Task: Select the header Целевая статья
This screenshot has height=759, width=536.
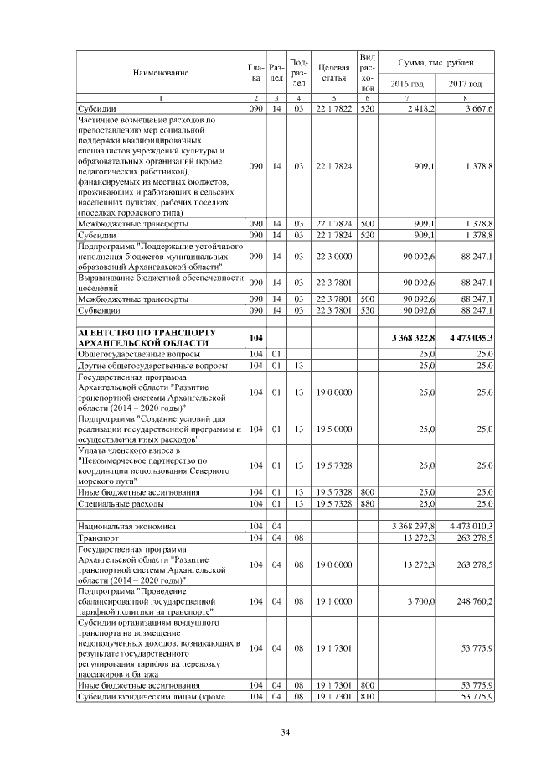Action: pos(333,73)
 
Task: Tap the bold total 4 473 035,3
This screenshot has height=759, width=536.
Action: pos(465,337)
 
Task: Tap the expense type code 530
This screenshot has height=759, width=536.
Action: pos(366,309)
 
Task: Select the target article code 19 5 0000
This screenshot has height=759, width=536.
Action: pos(333,429)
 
